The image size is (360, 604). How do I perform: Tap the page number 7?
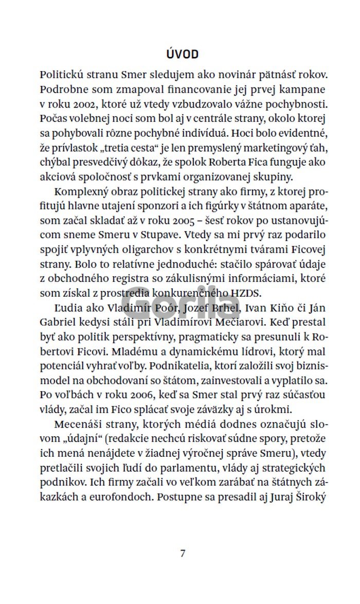183,554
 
